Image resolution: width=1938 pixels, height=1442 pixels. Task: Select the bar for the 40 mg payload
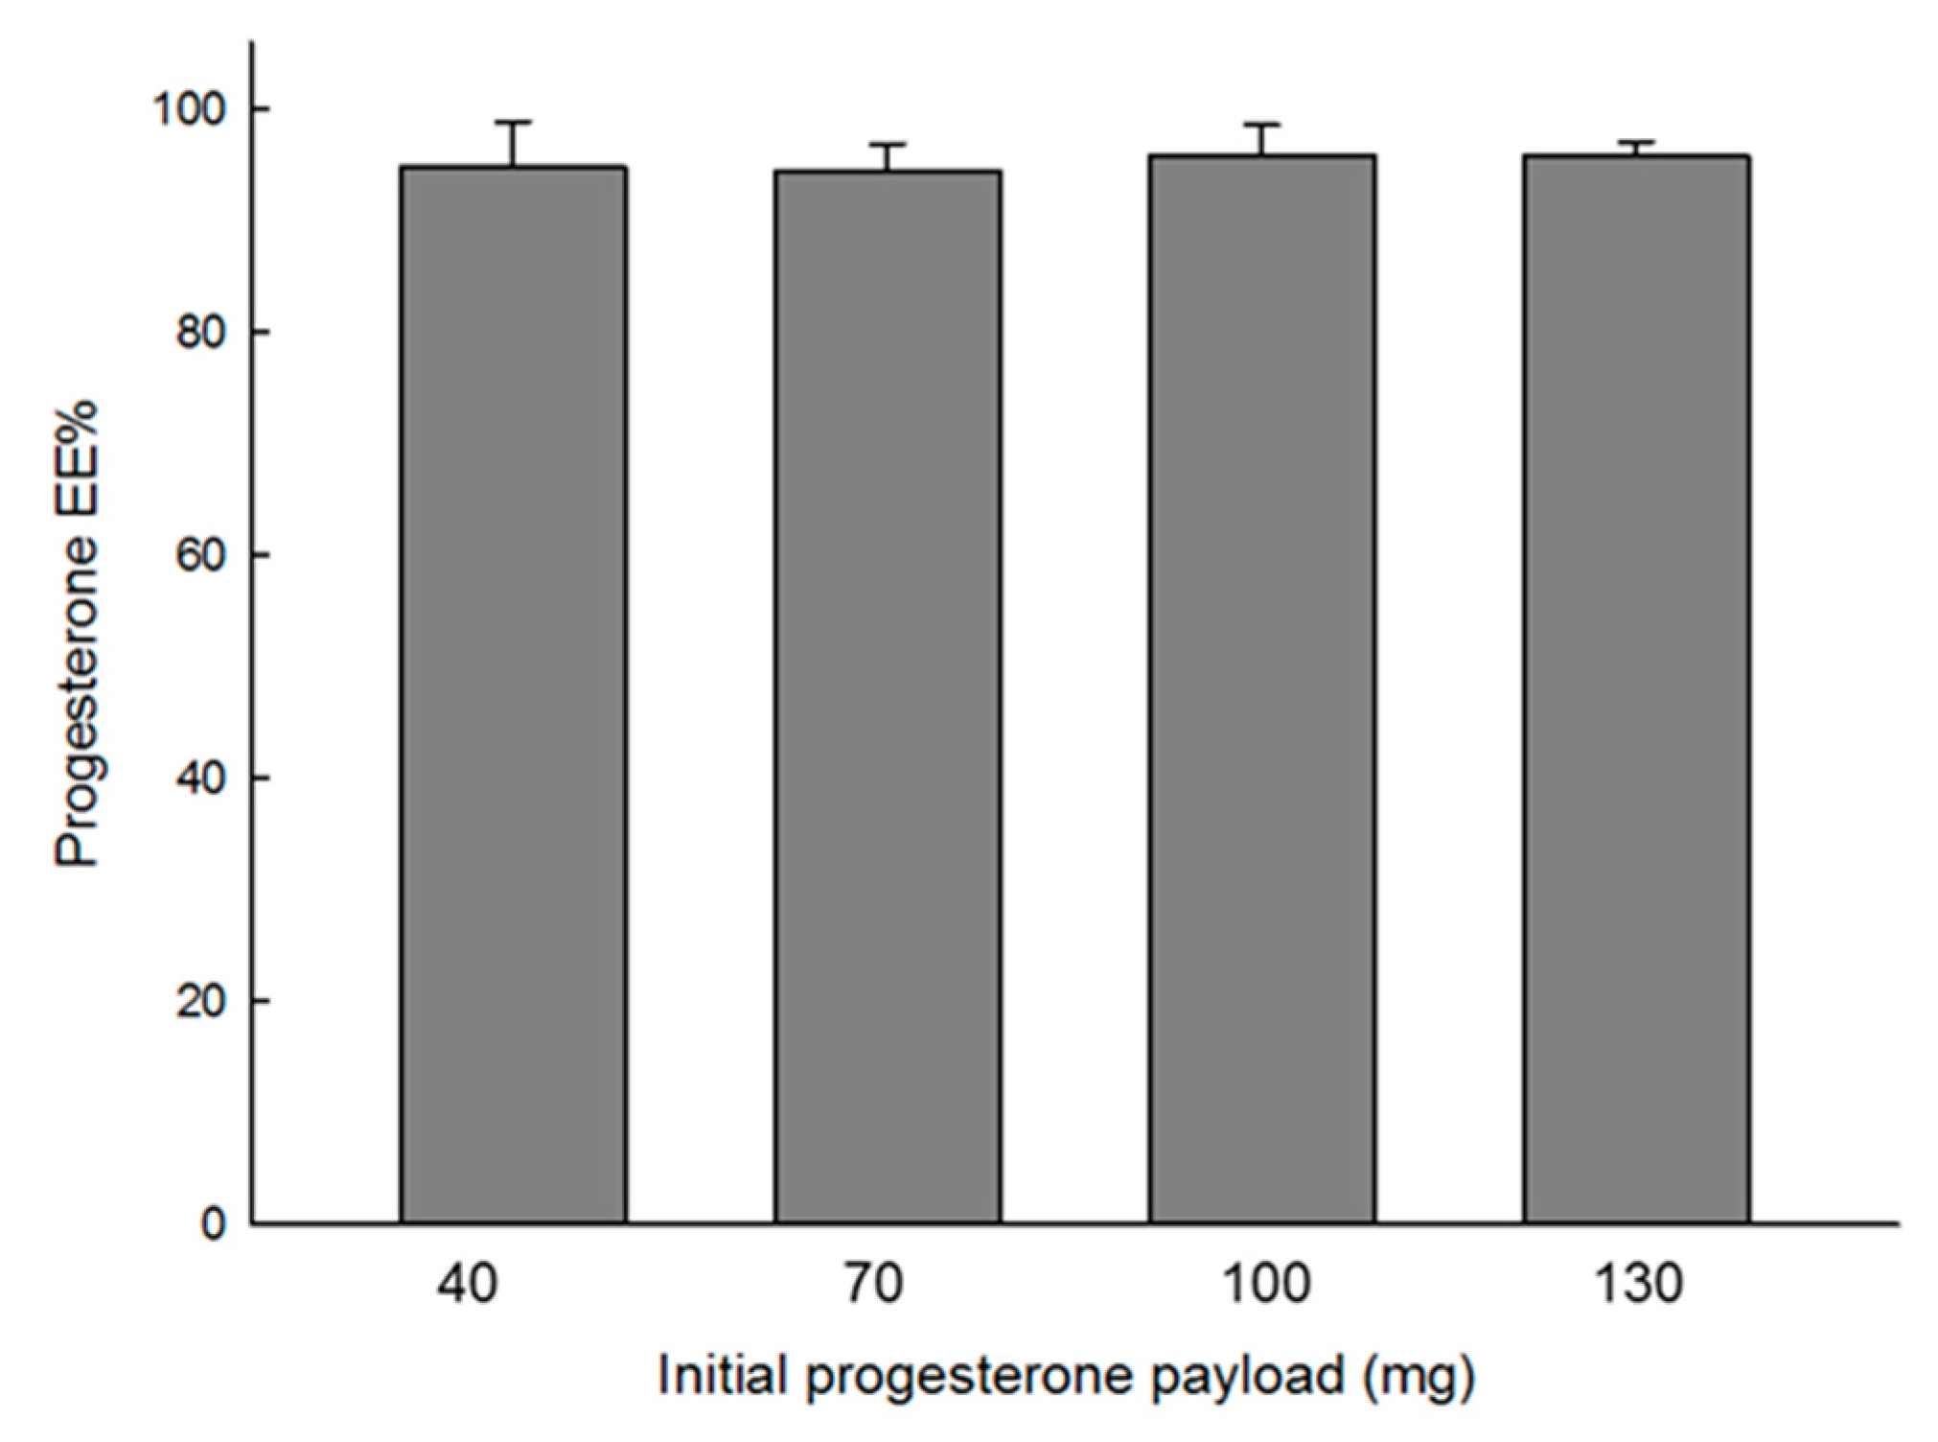point(514,695)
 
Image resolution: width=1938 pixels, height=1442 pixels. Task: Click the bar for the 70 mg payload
point(888,697)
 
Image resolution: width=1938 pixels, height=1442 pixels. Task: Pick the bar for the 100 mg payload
point(1262,688)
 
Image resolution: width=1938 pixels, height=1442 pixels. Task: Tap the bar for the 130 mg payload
point(1636,688)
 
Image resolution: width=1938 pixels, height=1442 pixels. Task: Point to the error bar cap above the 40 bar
point(514,123)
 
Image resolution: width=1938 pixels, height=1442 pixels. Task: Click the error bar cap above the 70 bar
point(888,145)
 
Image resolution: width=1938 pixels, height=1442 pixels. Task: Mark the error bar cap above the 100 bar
point(1262,125)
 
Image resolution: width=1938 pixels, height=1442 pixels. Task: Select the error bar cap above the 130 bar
point(1636,142)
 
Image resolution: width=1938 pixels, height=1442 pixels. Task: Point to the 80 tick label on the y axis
point(201,333)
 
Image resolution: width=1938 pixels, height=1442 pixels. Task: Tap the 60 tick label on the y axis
point(201,555)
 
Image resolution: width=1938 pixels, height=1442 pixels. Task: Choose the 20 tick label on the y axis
point(201,1001)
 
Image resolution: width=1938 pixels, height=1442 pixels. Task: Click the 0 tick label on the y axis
point(214,1224)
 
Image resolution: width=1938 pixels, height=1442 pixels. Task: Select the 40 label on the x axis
point(468,1284)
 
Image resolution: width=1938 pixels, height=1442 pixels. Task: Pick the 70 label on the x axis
point(874,1284)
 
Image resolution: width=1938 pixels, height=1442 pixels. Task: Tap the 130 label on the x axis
point(1638,1284)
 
